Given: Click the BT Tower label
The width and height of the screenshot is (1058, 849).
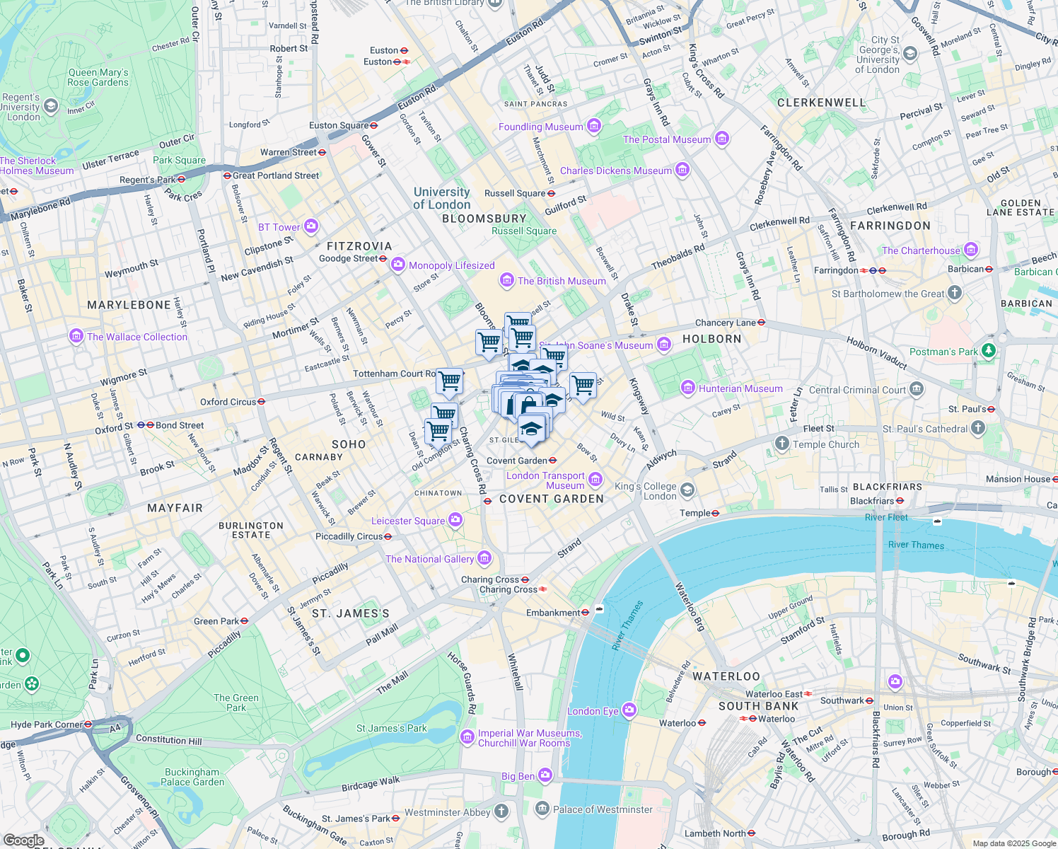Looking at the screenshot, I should click(x=279, y=227).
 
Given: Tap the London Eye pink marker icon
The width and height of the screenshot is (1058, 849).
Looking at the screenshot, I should click(x=629, y=710).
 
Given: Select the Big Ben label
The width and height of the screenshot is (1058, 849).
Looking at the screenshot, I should click(x=518, y=776).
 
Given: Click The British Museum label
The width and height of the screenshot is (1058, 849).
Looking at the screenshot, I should click(x=562, y=281).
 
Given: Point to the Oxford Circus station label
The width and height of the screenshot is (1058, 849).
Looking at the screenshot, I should click(x=228, y=402).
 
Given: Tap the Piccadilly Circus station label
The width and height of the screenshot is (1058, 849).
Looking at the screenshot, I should click(x=349, y=536).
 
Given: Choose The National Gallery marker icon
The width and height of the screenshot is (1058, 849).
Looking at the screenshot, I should click(x=484, y=559).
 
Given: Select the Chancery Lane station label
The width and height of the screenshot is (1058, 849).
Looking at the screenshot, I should click(x=725, y=323).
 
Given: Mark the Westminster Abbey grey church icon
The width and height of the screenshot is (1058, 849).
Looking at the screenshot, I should click(x=501, y=811).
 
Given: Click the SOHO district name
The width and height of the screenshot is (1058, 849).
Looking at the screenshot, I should click(x=349, y=444).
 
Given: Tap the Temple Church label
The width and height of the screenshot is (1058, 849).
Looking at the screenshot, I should click(x=826, y=444).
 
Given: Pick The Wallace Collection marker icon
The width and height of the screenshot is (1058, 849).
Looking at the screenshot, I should click(x=76, y=336).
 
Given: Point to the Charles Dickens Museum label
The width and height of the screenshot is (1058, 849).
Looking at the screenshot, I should click(x=616, y=171).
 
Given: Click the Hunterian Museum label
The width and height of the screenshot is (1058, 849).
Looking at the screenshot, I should click(x=740, y=388).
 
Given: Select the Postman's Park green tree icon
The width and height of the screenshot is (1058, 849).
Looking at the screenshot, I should click(x=989, y=351).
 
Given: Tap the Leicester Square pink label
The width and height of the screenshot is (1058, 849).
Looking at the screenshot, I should click(x=408, y=521).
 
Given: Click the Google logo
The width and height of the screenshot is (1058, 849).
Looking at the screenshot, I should click(x=23, y=841).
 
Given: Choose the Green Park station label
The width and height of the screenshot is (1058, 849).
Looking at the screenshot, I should click(x=216, y=621).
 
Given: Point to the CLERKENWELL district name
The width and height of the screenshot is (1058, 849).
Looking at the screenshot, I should click(x=821, y=103).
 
